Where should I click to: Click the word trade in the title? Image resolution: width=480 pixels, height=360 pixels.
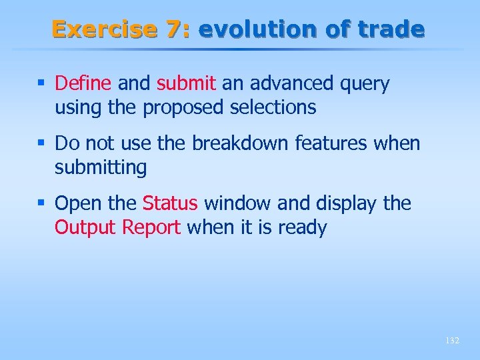click(392, 29)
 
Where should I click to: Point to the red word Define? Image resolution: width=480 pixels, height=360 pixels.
click(83, 83)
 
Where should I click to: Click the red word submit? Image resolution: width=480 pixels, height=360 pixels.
click(187, 83)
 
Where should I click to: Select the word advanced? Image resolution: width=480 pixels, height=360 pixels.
click(291, 83)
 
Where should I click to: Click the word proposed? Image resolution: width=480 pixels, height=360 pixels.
click(185, 107)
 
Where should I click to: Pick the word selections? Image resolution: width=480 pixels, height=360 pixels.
click(273, 107)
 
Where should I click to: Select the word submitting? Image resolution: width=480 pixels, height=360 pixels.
click(101, 168)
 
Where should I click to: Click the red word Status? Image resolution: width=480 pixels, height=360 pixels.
click(170, 203)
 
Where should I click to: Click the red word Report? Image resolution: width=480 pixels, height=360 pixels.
click(151, 228)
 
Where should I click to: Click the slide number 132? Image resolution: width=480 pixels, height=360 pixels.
click(451, 341)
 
